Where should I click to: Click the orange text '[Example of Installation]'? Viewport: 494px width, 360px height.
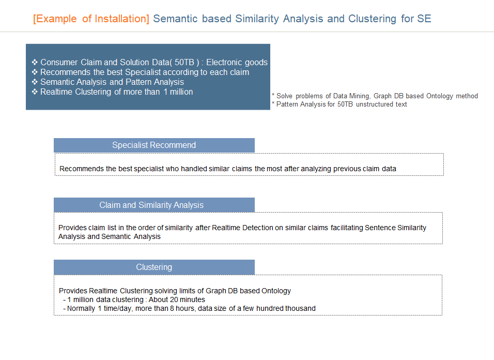[x=91, y=19]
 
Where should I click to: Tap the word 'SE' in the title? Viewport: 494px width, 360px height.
[x=424, y=19]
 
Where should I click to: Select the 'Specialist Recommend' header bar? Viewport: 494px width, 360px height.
[x=154, y=145]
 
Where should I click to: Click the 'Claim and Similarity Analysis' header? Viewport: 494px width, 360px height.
[x=154, y=205]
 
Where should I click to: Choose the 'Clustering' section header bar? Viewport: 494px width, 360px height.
[x=154, y=267]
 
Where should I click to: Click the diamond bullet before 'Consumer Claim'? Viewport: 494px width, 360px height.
[x=35, y=62]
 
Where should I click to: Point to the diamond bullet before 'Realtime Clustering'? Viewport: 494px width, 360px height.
[x=35, y=92]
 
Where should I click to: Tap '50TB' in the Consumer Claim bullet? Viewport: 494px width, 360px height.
[x=184, y=62]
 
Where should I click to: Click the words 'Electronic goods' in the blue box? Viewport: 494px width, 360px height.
[x=237, y=62]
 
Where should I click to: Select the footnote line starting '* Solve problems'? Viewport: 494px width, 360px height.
[x=375, y=96]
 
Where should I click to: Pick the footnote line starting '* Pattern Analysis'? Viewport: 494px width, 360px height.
[x=339, y=104]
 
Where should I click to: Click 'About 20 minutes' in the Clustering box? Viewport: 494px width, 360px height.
[x=177, y=299]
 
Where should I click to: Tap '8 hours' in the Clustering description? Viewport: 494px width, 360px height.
[x=182, y=308]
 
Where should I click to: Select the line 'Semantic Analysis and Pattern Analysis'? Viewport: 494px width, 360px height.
[x=112, y=82]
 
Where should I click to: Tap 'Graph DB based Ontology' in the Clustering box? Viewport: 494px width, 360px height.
[x=248, y=291]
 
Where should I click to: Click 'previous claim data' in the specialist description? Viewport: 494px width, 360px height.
[x=365, y=169]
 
